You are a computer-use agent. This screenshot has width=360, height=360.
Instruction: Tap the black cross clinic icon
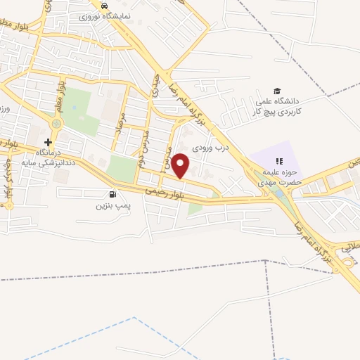point(49,141)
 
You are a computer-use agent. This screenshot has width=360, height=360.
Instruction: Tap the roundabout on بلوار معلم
point(56,123)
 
